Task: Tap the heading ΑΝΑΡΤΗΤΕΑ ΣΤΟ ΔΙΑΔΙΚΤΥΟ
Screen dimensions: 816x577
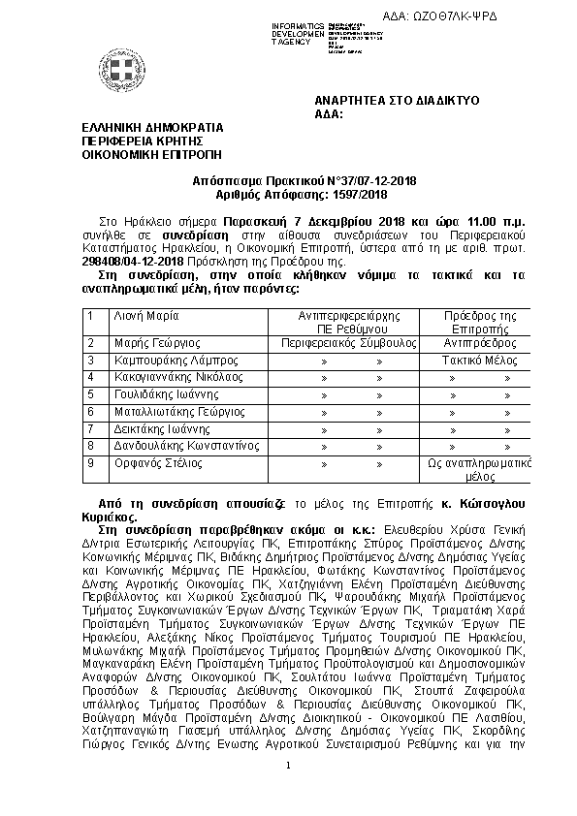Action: pyautogui.click(x=397, y=102)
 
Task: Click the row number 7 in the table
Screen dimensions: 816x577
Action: pyautogui.click(x=90, y=429)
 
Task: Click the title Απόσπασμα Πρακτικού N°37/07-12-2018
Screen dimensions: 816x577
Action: pyautogui.click(x=289, y=180)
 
